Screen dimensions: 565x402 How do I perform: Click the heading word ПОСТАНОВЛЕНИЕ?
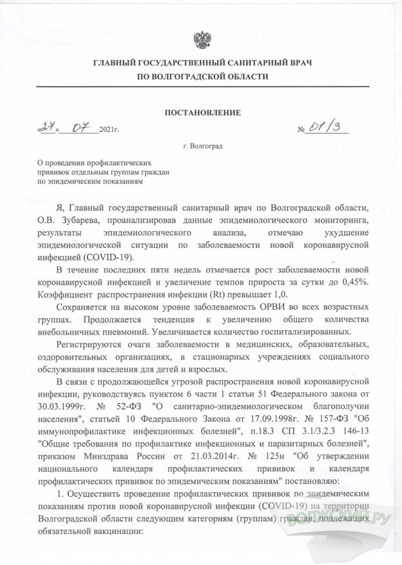pos(202,113)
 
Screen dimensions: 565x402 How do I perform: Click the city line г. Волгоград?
pos(202,145)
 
